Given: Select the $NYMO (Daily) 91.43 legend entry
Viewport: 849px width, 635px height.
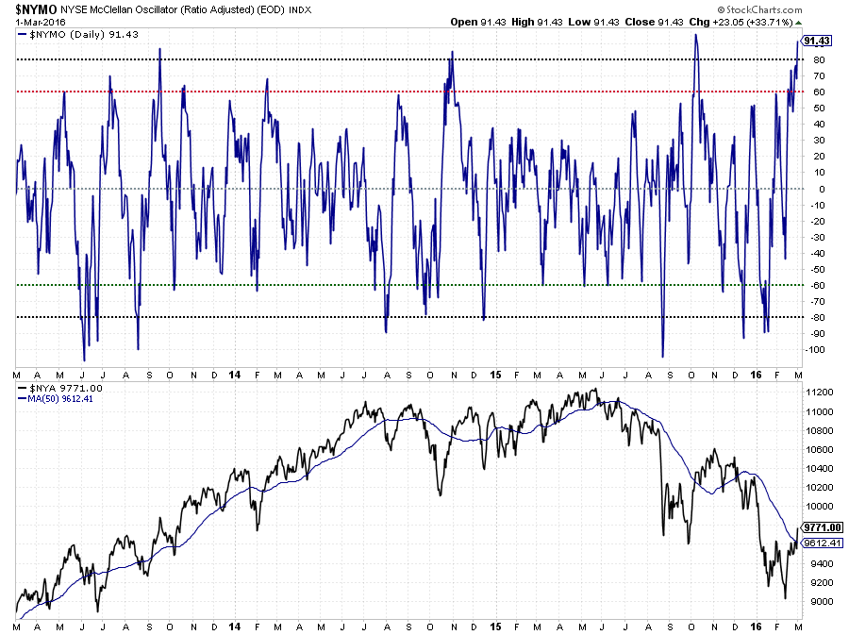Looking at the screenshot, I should point(64,34).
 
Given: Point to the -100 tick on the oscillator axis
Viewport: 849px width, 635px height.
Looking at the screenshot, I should point(818,349).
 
